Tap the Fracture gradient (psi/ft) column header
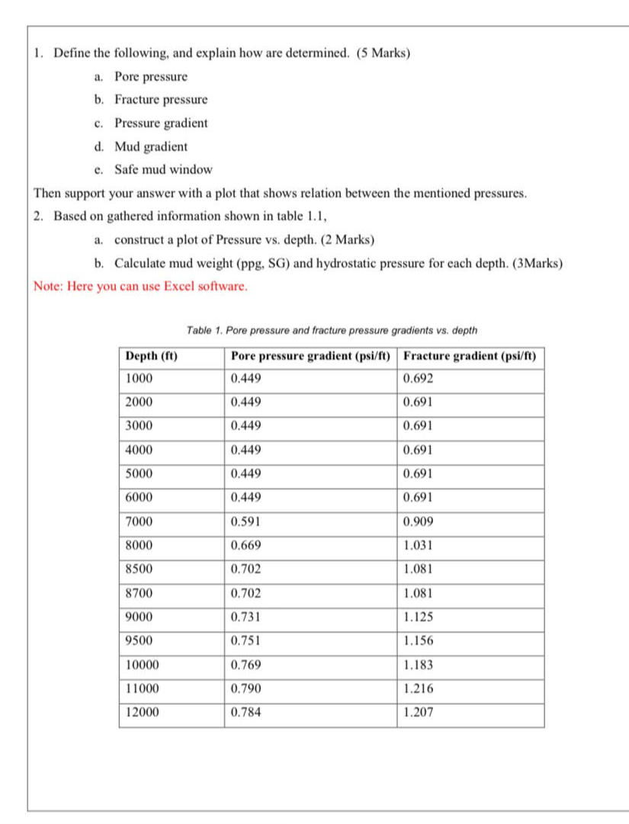pos(470,356)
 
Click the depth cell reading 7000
pos(140,522)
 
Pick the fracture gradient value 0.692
pos(417,379)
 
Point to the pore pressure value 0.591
pos(246,522)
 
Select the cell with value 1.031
pos(417,546)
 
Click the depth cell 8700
pos(140,593)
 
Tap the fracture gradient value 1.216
pos(417,688)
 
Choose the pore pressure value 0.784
pos(246,712)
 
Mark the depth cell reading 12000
pos(143,712)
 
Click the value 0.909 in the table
pos(417,522)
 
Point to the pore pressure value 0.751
pos(246,641)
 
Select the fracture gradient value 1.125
pos(417,617)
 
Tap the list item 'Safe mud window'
pos(163,169)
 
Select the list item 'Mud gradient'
pos(151,146)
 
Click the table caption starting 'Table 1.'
pos(332,331)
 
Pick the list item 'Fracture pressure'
pos(161,100)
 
